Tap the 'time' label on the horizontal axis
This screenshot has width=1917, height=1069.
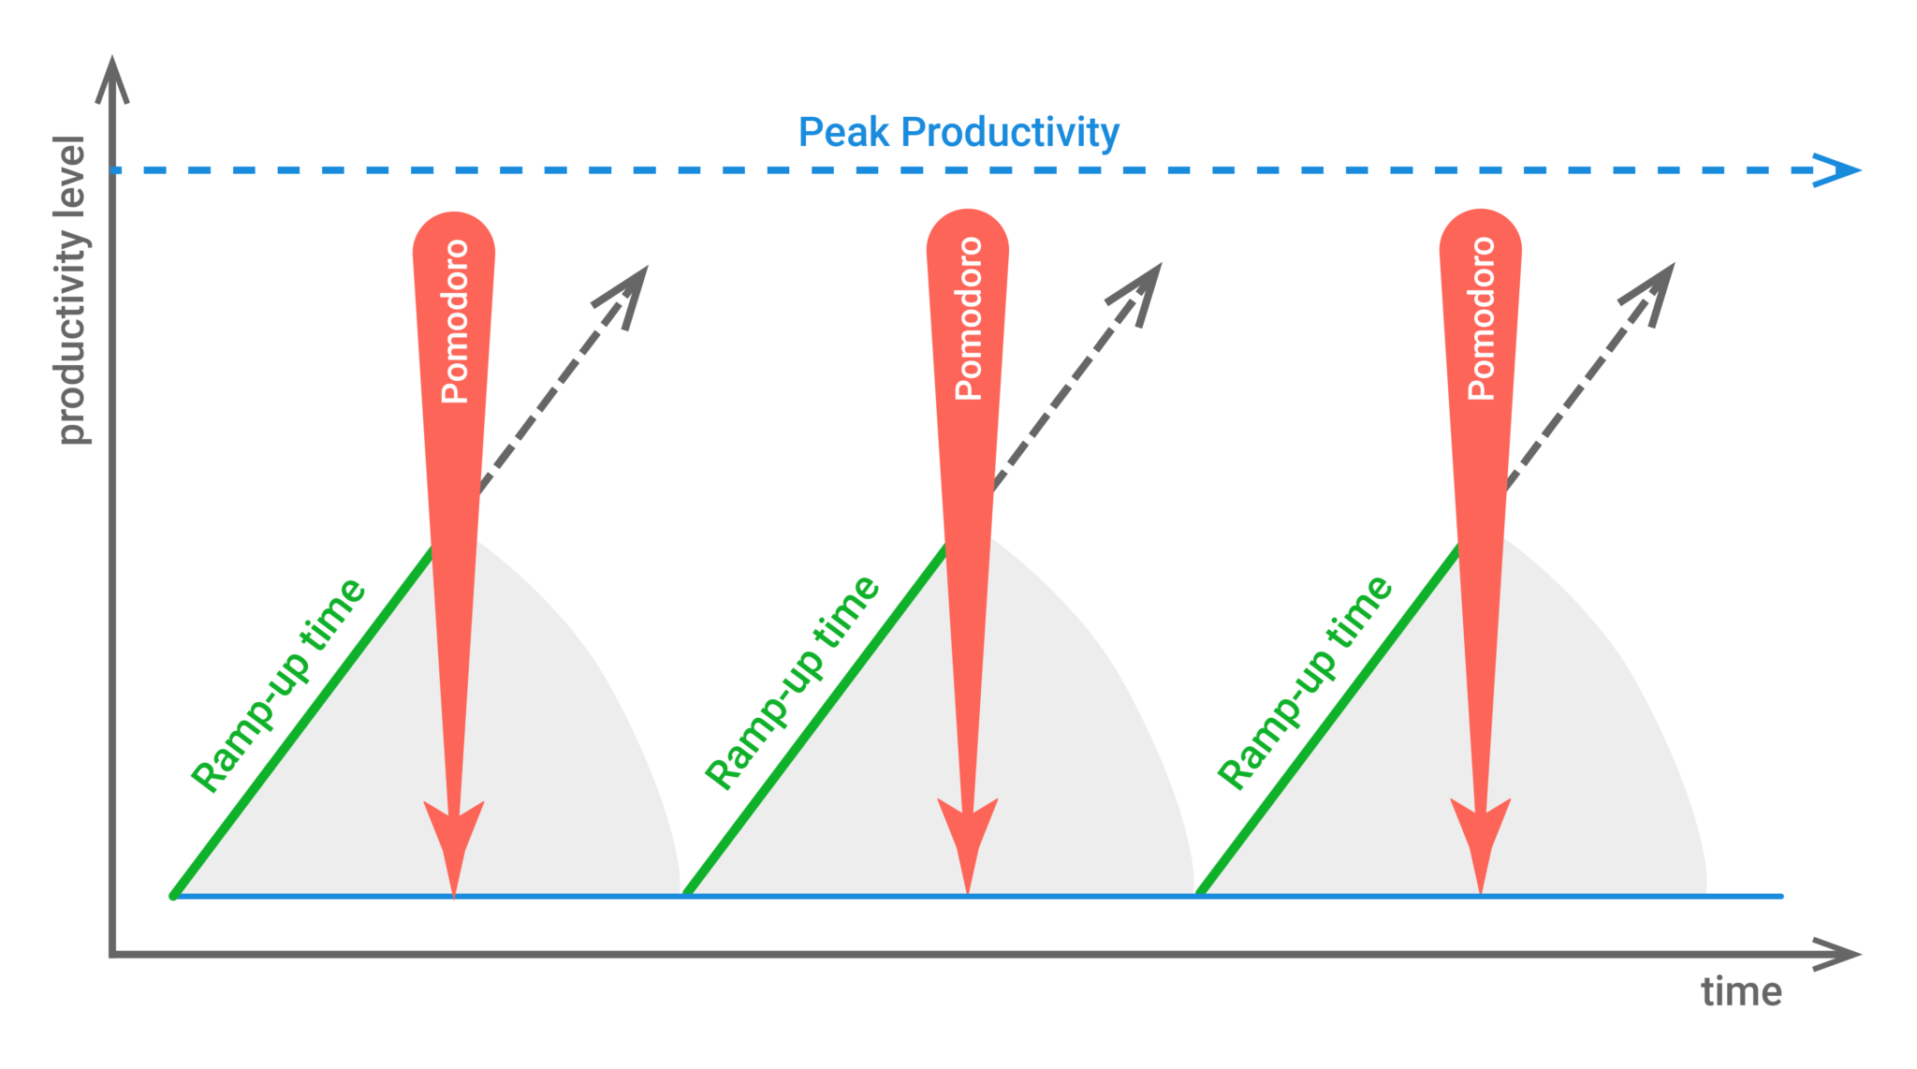(x=1741, y=992)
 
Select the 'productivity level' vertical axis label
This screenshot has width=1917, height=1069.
(x=70, y=290)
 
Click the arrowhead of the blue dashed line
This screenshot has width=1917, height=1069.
(x=1837, y=170)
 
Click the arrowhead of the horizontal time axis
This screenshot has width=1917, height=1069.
(x=1837, y=955)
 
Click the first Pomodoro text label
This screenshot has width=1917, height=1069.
(x=455, y=321)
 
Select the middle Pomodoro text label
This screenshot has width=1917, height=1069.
(x=969, y=318)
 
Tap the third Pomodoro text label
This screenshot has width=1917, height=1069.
(x=1481, y=318)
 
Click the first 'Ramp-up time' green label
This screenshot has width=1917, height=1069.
(x=278, y=685)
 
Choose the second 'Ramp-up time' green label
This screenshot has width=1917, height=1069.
(x=792, y=682)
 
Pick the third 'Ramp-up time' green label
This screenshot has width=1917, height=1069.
(x=1305, y=682)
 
